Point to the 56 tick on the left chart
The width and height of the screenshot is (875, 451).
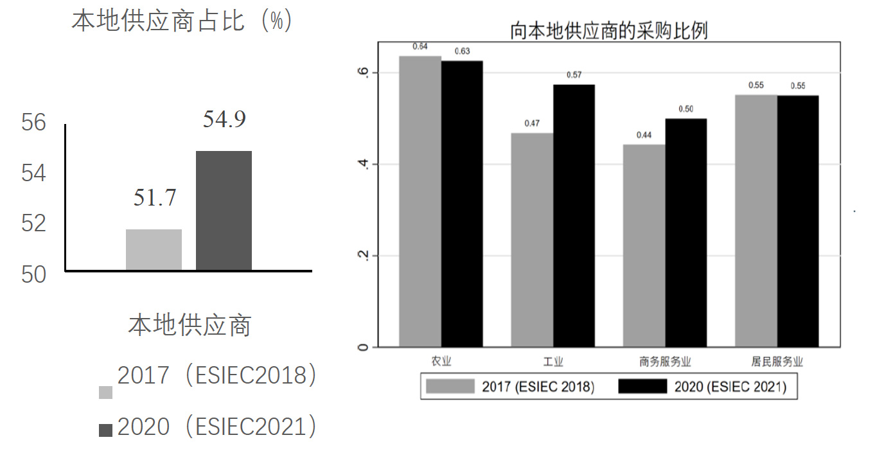pyautogui.click(x=34, y=122)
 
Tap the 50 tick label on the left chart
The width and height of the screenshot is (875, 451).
pyautogui.click(x=34, y=274)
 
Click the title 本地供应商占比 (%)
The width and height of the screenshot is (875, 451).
pyautogui.click(x=182, y=21)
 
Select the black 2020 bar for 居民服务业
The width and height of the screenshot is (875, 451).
pyautogui.click(x=798, y=221)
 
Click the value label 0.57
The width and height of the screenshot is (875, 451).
pyautogui.click(x=574, y=75)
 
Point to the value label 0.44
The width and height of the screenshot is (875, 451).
pyautogui.click(x=644, y=135)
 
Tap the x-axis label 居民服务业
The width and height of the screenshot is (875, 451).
pyautogui.click(x=777, y=362)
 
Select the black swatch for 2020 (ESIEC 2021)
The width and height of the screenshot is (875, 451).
pyautogui.click(x=642, y=387)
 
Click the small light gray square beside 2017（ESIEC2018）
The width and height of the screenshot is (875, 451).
pyautogui.click(x=105, y=393)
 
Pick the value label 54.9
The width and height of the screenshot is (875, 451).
pyautogui.click(x=224, y=120)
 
